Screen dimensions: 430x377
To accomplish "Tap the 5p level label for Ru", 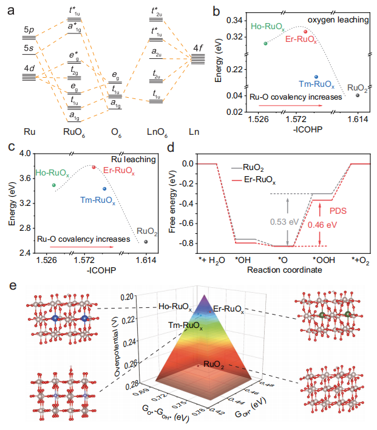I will pos(29,30).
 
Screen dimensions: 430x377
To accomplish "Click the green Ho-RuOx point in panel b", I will pos(265,43).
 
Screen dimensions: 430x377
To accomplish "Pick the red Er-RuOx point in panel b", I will pos(305,32).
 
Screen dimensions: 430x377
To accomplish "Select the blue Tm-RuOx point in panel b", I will pos(316,77).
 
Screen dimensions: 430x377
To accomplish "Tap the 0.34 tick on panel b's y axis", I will pos(233,21).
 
